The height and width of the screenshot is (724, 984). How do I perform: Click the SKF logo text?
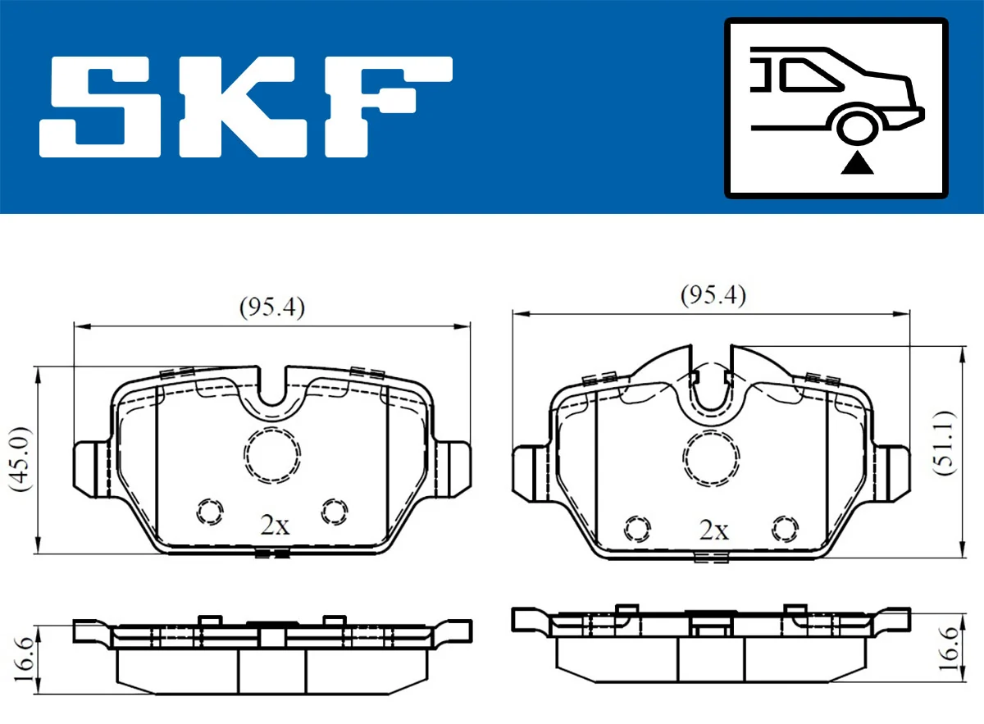pyautogui.click(x=246, y=107)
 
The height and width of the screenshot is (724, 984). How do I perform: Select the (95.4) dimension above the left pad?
pyautogui.click(x=271, y=307)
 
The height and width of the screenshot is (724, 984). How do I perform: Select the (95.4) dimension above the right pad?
pyautogui.click(x=713, y=295)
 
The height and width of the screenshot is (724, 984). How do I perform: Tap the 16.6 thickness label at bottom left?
pyautogui.click(x=25, y=657)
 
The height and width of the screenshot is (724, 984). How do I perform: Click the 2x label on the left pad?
pyautogui.click(x=275, y=526)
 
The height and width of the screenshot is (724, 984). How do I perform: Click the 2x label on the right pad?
pyautogui.click(x=713, y=530)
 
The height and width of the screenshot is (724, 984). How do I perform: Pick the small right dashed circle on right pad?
pyautogui.click(x=786, y=527)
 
